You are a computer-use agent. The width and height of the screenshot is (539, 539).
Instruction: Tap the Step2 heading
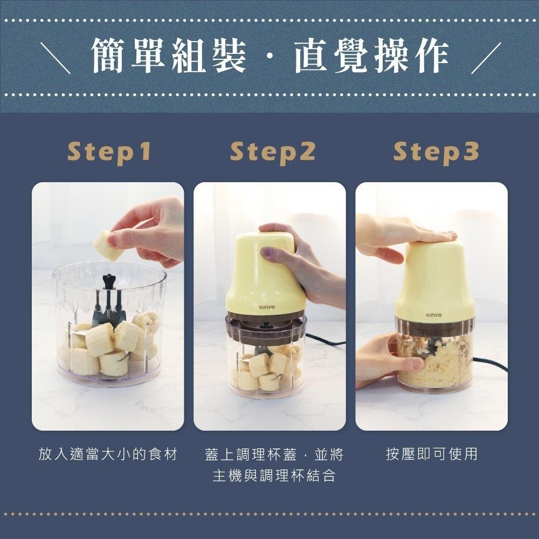pyautogui.click(x=272, y=153)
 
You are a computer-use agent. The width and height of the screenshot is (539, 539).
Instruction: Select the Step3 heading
pyautogui.click(x=436, y=153)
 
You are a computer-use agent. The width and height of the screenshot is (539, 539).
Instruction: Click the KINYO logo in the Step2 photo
pyautogui.click(x=266, y=307)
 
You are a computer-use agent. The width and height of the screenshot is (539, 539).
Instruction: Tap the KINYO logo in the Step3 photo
pyautogui.click(x=433, y=315)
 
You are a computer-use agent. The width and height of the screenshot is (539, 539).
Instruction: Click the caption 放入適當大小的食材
pyautogui.click(x=108, y=454)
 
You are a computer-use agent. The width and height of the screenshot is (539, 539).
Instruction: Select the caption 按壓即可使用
pyautogui.click(x=431, y=454)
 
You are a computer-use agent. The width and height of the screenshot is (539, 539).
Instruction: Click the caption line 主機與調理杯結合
pyautogui.click(x=273, y=476)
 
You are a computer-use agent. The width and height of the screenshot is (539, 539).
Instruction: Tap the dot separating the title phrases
pyautogui.click(x=269, y=58)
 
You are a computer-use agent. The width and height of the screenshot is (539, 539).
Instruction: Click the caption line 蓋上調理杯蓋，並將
pyautogui.click(x=274, y=454)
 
